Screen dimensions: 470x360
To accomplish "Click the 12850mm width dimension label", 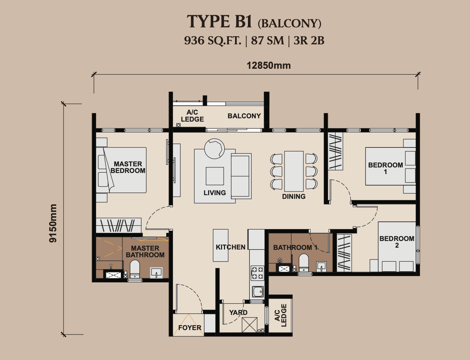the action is coord(269,65).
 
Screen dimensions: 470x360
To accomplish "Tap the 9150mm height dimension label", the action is coord(53,223).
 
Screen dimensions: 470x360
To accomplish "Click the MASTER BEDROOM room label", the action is coord(128,167).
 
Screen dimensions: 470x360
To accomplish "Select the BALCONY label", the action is coord(244,116).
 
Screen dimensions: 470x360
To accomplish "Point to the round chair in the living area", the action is coord(214,149).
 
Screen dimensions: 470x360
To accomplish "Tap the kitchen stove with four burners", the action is coord(257,273).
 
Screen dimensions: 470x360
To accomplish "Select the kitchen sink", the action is coord(258,292).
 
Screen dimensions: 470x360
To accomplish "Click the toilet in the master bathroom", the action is coord(135,269).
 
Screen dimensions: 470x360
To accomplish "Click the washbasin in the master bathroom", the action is coord(156,273).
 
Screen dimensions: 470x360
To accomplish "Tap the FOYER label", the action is coord(190,327).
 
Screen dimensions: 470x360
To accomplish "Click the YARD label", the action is coord(238,312).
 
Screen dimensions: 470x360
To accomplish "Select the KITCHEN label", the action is coord(231,247).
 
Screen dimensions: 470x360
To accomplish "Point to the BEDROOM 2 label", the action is coord(397,242).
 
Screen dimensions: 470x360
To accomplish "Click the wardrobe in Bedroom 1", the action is coord(336,151).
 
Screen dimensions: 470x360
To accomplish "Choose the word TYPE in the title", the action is coord(208,21).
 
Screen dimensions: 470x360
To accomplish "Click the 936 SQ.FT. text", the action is coord(212,40).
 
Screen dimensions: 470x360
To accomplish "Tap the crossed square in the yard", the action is coord(250,325).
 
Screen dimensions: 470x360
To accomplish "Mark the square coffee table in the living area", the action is coord(215,176).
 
